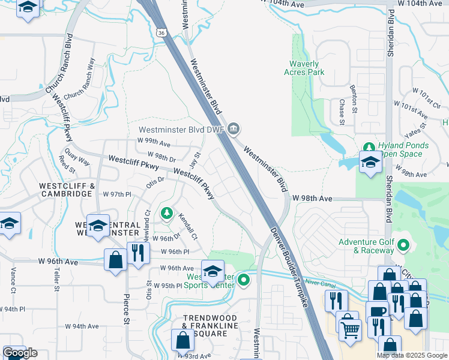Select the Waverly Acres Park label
pos(304,68)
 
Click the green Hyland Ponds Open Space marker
pos(369,146)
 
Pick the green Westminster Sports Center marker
pos(243,280)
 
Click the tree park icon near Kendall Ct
pos(166,213)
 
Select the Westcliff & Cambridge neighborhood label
pos(67,190)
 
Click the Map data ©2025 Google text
pos(411,355)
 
